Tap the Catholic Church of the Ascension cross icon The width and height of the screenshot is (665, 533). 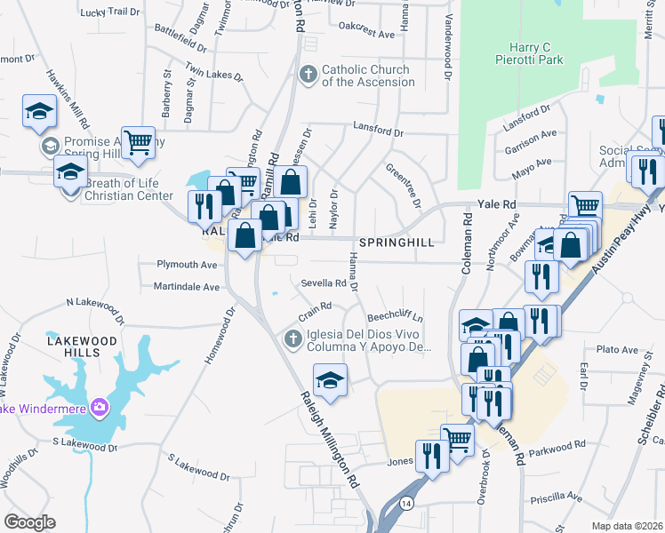click(308, 74)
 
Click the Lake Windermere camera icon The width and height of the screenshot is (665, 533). click(100, 407)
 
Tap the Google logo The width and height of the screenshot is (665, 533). click(30, 522)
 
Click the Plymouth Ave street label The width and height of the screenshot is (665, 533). click(187, 265)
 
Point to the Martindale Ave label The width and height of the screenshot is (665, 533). click(186, 287)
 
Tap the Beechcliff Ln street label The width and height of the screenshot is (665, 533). click(396, 317)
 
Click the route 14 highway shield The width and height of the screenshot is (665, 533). click(406, 504)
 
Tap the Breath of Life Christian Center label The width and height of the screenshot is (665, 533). click(129, 189)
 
